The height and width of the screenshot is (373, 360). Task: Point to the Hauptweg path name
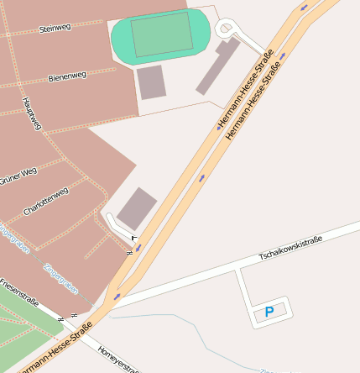[31, 113]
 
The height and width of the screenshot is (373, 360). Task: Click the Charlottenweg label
[45, 202]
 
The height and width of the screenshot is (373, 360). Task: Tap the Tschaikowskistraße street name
[290, 247]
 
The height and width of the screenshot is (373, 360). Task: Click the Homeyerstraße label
[117, 359]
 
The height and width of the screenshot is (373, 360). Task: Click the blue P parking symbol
[269, 312]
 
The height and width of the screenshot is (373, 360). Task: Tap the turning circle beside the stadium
[226, 29]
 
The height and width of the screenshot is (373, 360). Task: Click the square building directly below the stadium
[151, 81]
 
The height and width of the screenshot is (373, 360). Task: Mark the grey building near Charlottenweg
[136, 208]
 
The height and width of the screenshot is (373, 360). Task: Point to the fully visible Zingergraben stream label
[60, 278]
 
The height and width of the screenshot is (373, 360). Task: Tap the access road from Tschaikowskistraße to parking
[243, 290]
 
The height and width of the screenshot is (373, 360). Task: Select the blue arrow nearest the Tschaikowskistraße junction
[117, 296]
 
